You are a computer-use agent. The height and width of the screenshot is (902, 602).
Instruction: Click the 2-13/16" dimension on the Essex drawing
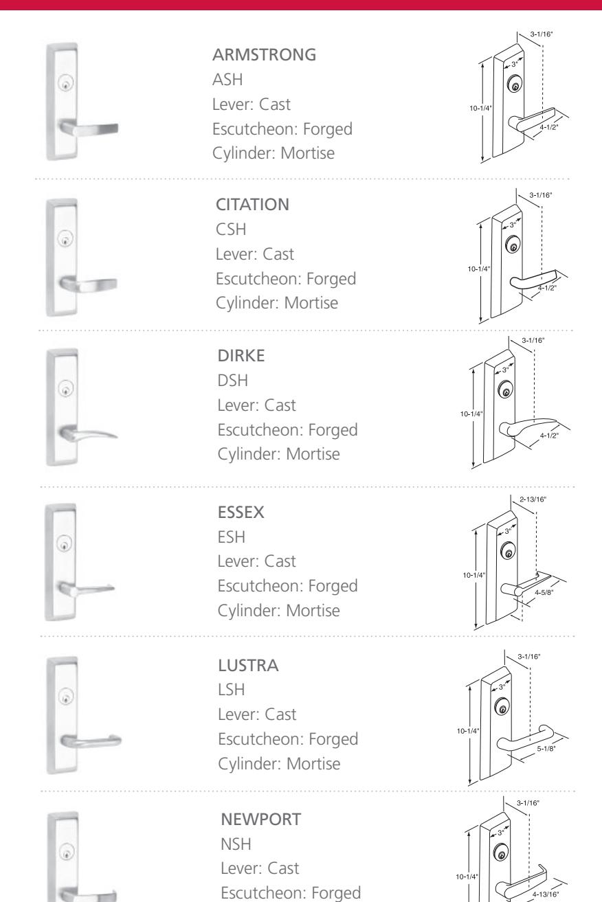(528, 499)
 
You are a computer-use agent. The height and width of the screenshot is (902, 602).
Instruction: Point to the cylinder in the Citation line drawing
(512, 245)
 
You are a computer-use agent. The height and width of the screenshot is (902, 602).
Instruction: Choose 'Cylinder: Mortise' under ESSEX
(274, 609)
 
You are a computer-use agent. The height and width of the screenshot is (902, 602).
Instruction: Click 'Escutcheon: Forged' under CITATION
(287, 280)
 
